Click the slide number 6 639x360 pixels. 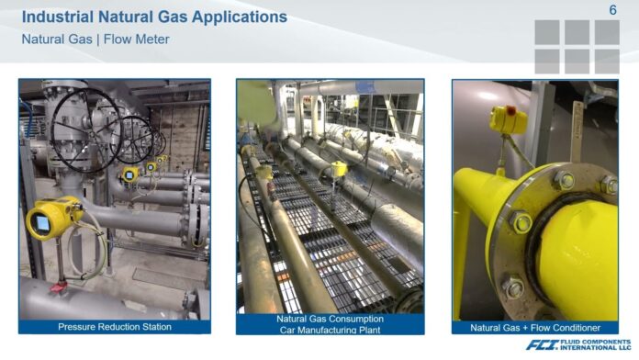612,10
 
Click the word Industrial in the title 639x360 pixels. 59,17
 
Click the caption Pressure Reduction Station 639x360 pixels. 115,326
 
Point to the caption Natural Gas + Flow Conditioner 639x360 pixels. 535,327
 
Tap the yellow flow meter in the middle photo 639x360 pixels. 340,168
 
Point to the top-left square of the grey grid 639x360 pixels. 547,32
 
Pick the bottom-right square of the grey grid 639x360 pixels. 606,61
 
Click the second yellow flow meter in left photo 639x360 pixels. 129,174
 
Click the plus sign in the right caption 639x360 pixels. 529,327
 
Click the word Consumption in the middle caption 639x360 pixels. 356,320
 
